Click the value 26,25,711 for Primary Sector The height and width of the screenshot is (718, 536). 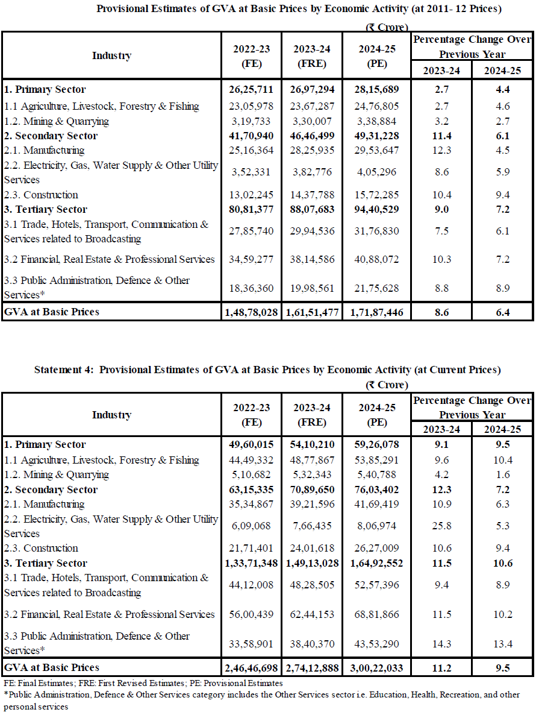251,90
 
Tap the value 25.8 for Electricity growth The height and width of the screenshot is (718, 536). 441,526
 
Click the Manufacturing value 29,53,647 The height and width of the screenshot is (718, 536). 377,150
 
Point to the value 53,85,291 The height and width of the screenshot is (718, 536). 377,460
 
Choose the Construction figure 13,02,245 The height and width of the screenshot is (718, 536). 251,195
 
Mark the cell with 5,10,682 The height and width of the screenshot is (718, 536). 251,474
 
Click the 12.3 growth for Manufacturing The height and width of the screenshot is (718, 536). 441,150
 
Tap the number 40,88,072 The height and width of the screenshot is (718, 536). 377,260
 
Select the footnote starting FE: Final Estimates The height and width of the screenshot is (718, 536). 143,684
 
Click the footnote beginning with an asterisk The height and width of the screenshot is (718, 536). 262,700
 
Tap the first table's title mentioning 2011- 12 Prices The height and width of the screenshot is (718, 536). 299,9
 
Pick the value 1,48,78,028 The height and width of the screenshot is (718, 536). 251,312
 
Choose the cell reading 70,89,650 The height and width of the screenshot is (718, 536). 312,490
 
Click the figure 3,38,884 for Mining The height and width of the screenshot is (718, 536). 377,121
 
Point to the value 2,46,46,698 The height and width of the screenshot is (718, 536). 251,668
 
